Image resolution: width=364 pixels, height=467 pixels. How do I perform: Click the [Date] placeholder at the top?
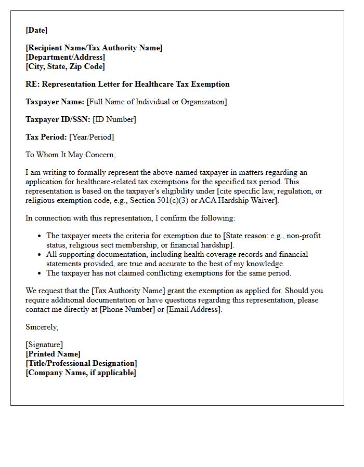(36, 30)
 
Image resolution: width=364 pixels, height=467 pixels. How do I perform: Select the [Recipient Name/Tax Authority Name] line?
(94, 48)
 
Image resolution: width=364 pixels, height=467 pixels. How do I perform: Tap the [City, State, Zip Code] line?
(65, 66)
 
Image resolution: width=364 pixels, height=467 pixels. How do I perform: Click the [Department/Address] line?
(65, 57)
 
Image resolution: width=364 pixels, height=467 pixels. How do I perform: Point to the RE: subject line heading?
(127, 84)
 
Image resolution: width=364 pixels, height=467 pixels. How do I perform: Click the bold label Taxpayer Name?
(55, 102)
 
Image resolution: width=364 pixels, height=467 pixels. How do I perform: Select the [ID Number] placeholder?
(114, 119)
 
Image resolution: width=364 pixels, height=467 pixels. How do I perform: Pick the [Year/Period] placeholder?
(92, 137)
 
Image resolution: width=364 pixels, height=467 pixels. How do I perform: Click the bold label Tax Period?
(46, 137)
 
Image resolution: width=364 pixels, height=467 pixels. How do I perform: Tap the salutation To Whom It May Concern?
(70, 155)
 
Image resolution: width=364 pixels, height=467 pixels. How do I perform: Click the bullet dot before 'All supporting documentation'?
(40, 255)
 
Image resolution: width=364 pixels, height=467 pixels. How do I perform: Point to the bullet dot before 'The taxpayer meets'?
(40, 236)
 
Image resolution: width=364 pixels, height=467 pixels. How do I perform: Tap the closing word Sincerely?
(42, 327)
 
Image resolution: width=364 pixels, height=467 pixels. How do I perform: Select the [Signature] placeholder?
(44, 345)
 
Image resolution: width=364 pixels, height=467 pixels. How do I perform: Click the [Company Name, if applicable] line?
(81, 373)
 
